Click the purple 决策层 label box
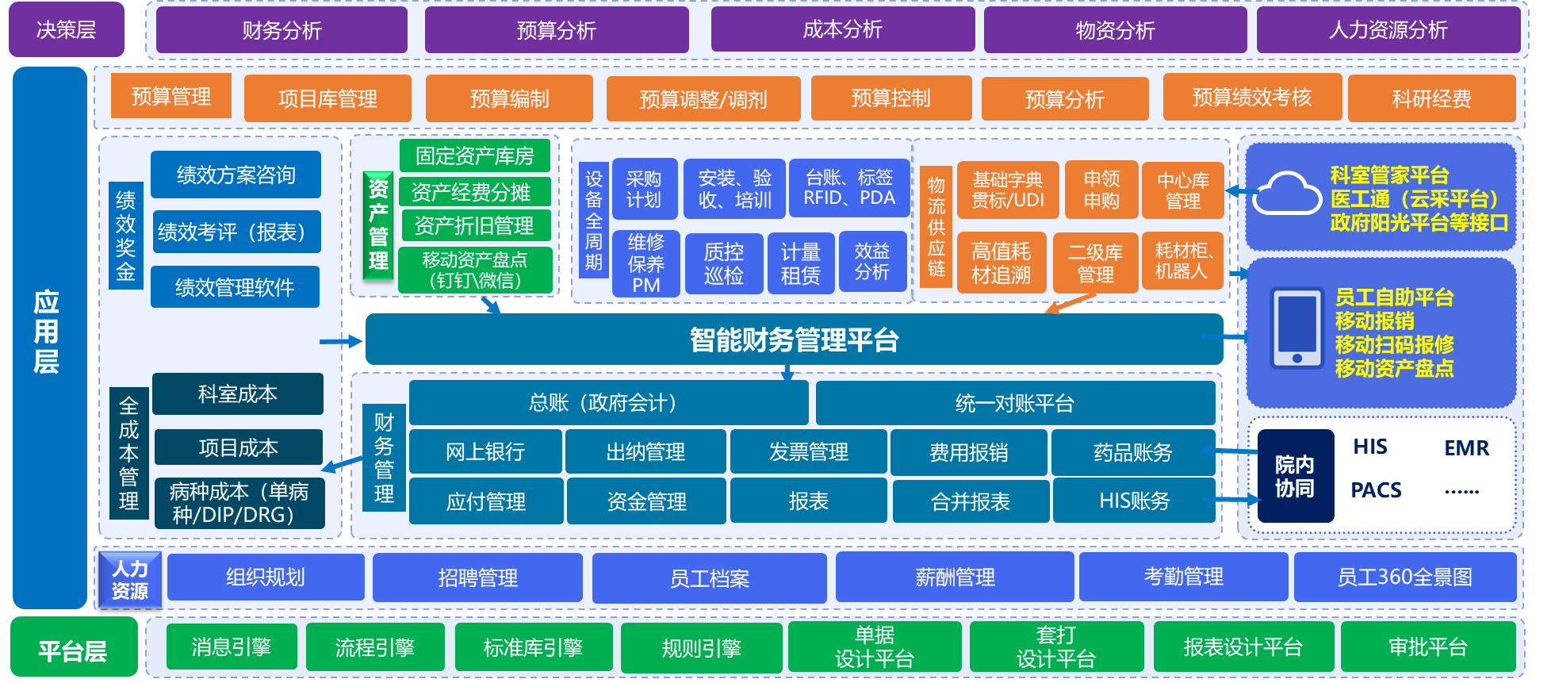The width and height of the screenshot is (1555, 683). [67, 30]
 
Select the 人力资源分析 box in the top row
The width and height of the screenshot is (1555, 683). [1388, 30]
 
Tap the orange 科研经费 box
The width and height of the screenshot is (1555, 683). [1431, 98]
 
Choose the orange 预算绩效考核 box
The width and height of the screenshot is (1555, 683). [1251, 98]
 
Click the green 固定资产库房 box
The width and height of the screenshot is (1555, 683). [474, 156]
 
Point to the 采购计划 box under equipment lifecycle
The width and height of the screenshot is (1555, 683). [644, 189]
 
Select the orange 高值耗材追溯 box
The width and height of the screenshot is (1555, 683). [1001, 263]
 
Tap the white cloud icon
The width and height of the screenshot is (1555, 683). [1285, 194]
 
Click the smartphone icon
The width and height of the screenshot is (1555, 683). [1297, 328]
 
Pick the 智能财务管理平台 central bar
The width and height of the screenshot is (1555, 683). [793, 340]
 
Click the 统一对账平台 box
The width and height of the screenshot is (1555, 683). [1014, 403]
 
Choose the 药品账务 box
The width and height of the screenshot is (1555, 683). [1132, 452]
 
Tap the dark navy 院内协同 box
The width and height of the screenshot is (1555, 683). [1294, 476]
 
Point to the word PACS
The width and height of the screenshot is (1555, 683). [1376, 490]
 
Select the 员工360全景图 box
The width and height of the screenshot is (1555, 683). [1404, 577]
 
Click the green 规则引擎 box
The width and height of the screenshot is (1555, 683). [701, 648]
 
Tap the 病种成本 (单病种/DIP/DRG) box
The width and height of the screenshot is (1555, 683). [239, 503]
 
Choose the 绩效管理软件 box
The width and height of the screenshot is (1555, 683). [235, 287]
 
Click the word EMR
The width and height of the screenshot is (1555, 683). [1466, 448]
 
